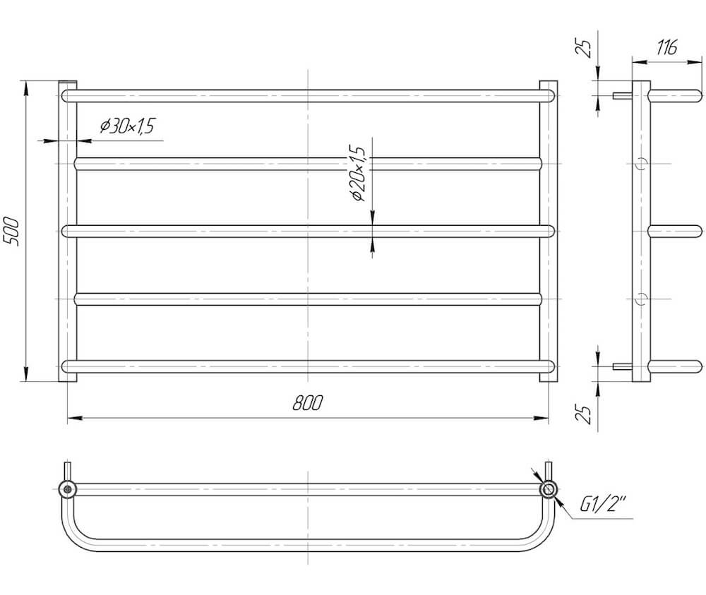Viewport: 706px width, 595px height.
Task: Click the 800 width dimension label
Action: point(308,403)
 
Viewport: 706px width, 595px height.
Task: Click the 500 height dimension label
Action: point(12,232)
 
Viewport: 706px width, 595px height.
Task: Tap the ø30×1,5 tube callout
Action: point(127,126)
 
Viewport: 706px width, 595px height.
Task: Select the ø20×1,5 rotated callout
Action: point(359,174)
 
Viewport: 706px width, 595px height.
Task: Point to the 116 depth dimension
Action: point(667,47)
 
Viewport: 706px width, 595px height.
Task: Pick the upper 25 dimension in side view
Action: point(584,48)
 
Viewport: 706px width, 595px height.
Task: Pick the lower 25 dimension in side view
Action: point(584,414)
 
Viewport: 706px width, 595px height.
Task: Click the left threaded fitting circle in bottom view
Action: point(68,489)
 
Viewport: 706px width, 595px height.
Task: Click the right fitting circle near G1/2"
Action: point(549,489)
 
